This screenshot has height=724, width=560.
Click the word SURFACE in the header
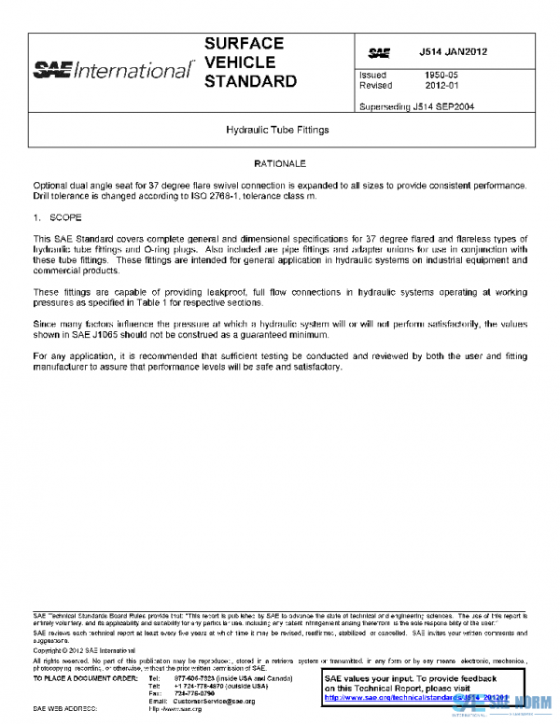click(x=245, y=44)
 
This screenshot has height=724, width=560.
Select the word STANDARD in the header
click(x=250, y=81)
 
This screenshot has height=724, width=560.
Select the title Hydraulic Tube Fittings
click(x=278, y=131)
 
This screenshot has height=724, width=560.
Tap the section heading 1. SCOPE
click(x=58, y=216)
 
